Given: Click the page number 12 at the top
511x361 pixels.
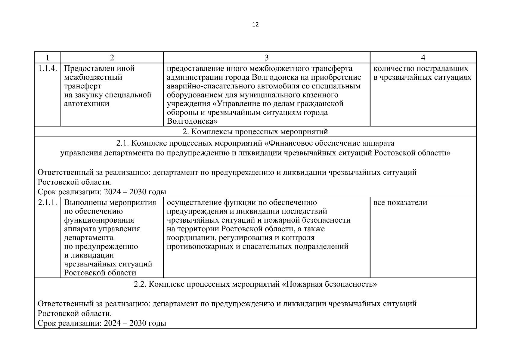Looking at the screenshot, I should [x=255, y=25].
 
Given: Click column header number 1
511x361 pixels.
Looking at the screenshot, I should [x=47, y=57].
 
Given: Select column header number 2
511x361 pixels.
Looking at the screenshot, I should [x=112, y=57].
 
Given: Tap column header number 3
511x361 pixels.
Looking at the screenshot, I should [x=266, y=57].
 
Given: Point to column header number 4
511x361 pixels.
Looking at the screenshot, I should [x=423, y=57].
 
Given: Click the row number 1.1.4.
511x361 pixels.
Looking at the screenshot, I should [x=48, y=69].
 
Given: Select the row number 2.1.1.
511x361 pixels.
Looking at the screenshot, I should [x=48, y=203].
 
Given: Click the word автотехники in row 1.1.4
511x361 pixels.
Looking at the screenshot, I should [x=87, y=104].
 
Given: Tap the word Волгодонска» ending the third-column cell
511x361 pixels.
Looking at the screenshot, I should [x=192, y=122].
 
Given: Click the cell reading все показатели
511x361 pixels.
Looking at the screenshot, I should [x=400, y=203].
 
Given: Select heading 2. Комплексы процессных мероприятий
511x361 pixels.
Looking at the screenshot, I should [x=255, y=132].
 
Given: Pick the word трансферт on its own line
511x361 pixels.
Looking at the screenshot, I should [x=83, y=86].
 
